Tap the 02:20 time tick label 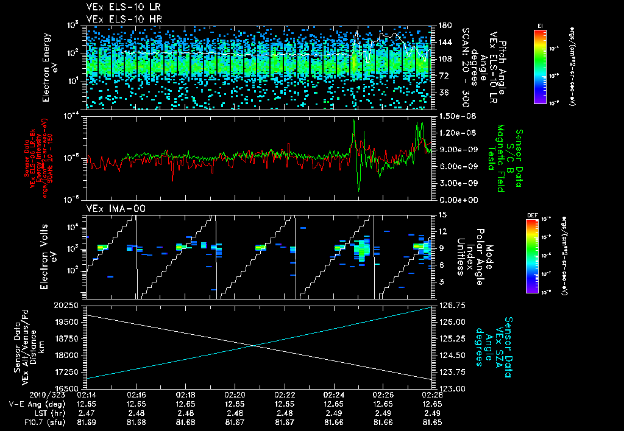click(x=235, y=394)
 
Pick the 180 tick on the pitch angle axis click(x=441, y=26)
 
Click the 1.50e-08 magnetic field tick click(x=453, y=116)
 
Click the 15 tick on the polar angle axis click(x=439, y=214)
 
